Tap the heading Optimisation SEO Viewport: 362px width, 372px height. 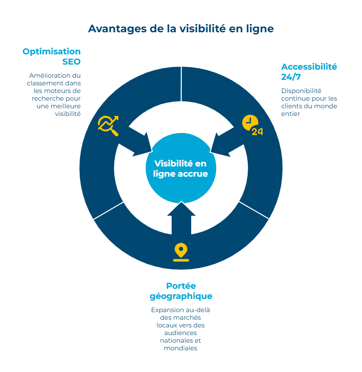pos(52,56)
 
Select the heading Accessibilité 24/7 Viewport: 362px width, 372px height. pos(308,71)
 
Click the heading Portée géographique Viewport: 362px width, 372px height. pos(181,291)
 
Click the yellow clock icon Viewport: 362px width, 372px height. pos(249,122)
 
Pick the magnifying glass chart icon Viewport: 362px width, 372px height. pos(108,125)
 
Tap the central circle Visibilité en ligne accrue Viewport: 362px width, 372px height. pos(181,169)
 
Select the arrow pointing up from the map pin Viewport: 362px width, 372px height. pos(181,217)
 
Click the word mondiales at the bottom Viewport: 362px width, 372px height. pos(181,348)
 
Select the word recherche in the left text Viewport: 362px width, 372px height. pos(48,98)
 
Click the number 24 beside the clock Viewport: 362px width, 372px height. pos(257,132)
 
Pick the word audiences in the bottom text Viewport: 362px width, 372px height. pos(181,333)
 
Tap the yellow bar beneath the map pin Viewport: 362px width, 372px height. pos(181,259)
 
